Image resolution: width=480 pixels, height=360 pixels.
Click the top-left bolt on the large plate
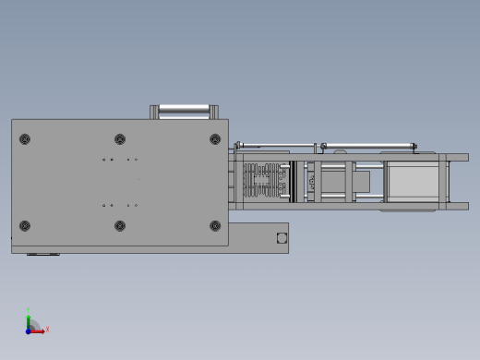tap(25, 139)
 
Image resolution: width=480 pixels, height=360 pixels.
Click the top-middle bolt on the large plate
tap(120, 139)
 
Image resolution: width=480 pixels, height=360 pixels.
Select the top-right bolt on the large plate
tap(215, 139)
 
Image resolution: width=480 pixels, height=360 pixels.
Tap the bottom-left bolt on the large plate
tap(25, 225)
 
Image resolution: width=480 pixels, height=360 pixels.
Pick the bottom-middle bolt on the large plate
tap(120, 225)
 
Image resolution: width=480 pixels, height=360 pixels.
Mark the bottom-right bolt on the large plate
tap(215, 225)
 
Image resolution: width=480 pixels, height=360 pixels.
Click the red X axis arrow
tap(39, 330)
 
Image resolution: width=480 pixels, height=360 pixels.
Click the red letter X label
tap(47, 329)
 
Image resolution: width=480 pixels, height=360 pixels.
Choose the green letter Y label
tap(29, 310)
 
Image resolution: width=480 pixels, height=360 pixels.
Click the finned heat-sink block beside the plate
tap(267, 181)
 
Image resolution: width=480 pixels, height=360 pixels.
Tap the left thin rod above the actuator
tap(275, 144)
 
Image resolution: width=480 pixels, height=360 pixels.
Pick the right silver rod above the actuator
tap(368, 145)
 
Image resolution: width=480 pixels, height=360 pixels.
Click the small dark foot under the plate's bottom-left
tap(42, 253)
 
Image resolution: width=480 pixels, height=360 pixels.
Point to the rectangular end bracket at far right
tap(456, 181)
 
